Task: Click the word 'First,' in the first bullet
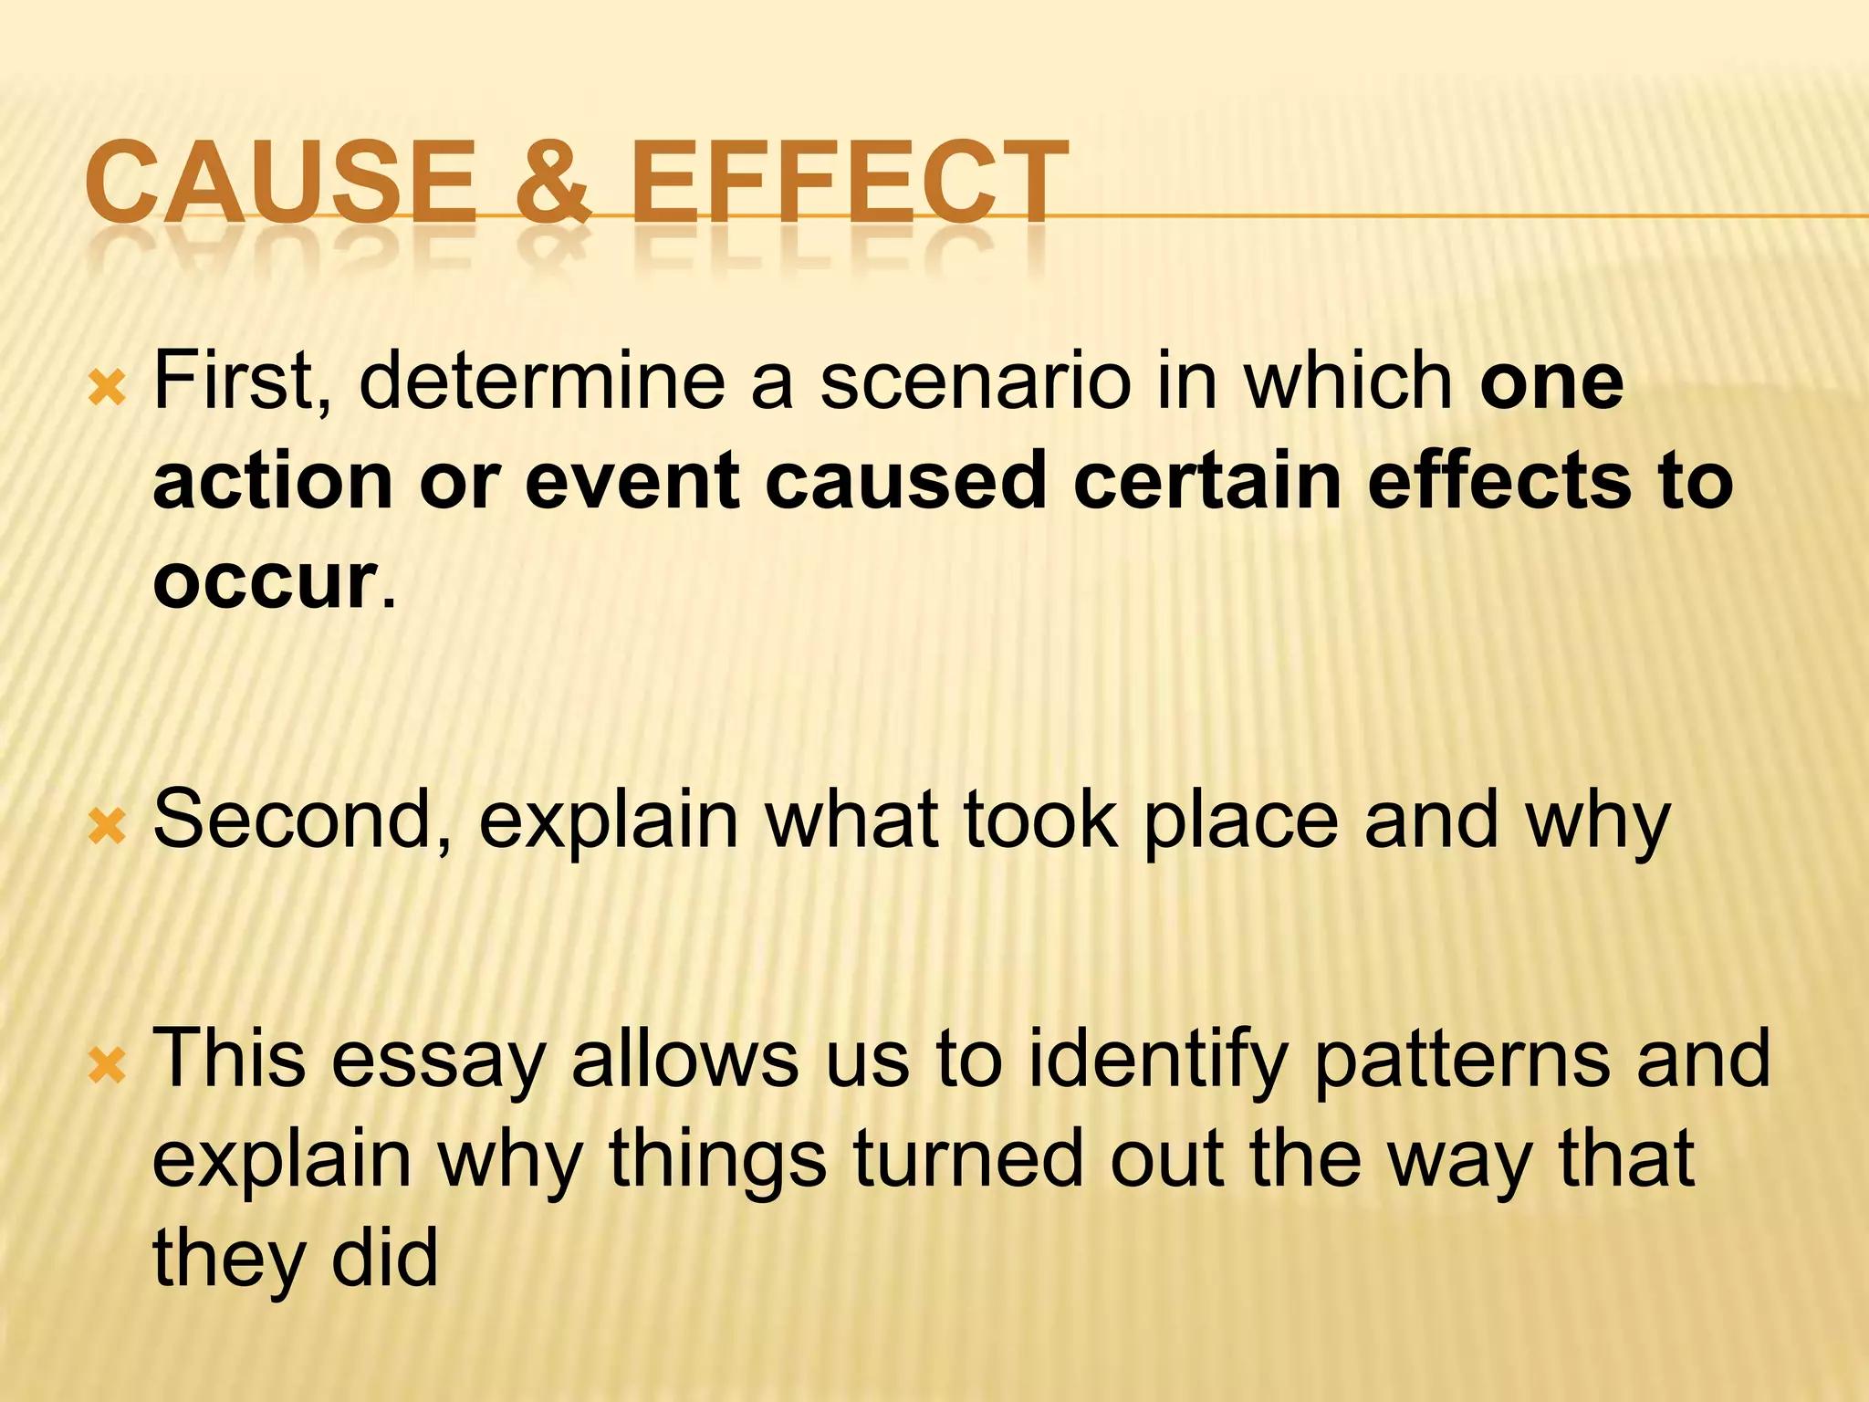click(x=243, y=382)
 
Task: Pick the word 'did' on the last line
click(x=384, y=1258)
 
